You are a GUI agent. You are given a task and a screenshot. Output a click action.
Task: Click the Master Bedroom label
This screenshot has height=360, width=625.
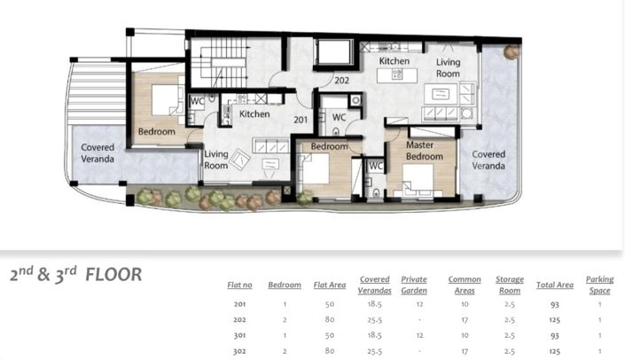(x=424, y=151)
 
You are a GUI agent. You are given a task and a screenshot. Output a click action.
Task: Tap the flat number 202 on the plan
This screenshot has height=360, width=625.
(x=341, y=81)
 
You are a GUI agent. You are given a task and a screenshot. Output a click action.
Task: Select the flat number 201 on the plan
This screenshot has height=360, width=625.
(x=301, y=120)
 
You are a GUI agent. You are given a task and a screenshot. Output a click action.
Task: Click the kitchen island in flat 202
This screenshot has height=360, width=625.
(x=397, y=75)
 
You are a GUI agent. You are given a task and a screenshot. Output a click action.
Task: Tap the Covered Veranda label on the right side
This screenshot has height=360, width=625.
(x=488, y=160)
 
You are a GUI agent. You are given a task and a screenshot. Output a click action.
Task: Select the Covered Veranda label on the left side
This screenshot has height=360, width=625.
(x=98, y=153)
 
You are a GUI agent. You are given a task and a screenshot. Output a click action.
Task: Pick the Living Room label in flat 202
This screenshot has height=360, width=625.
(x=448, y=67)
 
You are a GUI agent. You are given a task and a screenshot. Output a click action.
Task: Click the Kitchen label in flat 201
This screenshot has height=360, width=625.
(x=254, y=114)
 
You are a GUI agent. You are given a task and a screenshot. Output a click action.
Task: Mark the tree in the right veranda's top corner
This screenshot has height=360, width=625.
(x=511, y=52)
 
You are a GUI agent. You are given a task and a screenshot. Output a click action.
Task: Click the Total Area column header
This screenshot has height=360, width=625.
(x=554, y=285)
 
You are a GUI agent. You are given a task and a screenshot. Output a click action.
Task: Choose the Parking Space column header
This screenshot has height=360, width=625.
(x=599, y=285)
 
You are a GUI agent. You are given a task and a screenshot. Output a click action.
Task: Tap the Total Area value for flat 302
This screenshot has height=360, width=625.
(x=554, y=351)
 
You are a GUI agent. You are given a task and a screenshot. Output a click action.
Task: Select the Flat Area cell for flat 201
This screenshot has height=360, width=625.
(x=329, y=304)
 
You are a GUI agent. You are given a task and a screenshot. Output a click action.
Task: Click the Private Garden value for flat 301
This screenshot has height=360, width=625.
(x=419, y=335)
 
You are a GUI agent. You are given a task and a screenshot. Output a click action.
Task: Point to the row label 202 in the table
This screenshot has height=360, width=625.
(x=239, y=320)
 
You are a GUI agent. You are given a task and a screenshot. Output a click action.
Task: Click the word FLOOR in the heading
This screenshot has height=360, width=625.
(x=113, y=275)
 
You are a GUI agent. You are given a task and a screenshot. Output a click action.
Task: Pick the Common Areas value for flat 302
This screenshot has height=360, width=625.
(x=465, y=351)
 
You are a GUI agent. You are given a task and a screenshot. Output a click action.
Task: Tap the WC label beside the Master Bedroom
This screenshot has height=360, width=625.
(x=376, y=166)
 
